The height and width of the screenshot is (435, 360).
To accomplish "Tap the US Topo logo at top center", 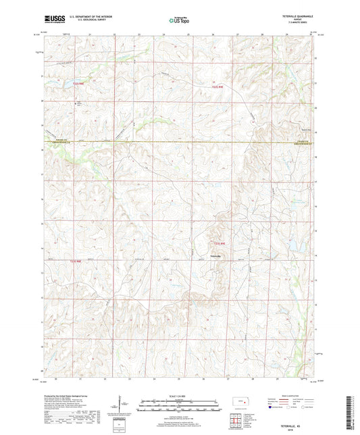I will pos(178,21).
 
